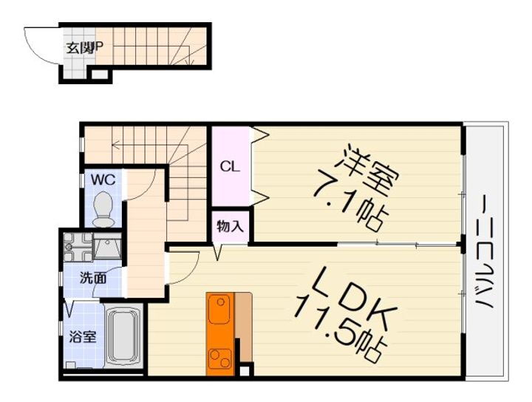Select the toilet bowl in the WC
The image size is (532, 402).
[104, 207]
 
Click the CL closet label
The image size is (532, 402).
[229, 166]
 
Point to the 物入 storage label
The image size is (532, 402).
[230, 226]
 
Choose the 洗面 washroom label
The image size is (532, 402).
[93, 279]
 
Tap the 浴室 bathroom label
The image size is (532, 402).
[82, 337]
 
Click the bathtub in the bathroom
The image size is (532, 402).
[126, 337]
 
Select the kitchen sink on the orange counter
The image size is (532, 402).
[219, 310]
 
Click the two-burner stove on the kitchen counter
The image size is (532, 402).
[219, 359]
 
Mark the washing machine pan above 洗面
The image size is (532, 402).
[77, 245]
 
